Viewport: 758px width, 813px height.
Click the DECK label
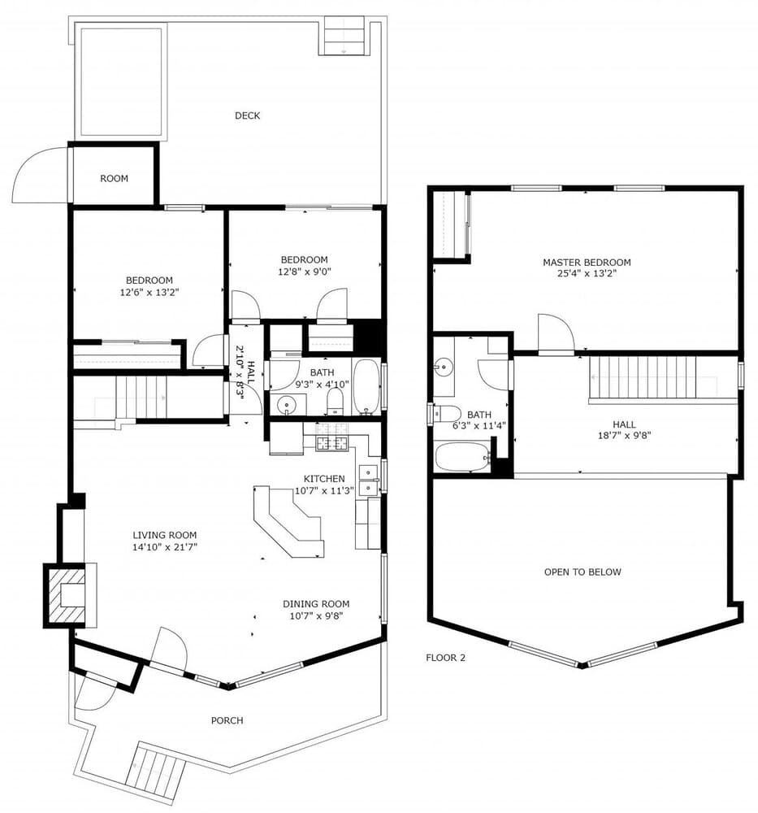[x=247, y=115]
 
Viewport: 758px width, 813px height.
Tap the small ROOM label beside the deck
[x=114, y=179]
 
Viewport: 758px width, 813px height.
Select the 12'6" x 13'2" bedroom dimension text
[x=149, y=292]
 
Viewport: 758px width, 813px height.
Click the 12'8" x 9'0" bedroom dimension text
[x=305, y=272]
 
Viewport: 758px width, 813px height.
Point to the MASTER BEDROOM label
[x=587, y=263]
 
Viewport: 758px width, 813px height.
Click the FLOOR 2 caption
[x=445, y=658]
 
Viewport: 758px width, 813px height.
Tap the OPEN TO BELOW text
[x=583, y=572]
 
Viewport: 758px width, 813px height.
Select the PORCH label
[x=227, y=720]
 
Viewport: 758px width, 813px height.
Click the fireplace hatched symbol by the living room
[x=66, y=596]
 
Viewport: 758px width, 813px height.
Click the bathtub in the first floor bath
[x=366, y=385]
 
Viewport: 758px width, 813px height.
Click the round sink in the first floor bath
[x=286, y=404]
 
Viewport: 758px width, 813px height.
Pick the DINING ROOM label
[x=316, y=604]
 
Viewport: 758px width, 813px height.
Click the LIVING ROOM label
[x=165, y=535]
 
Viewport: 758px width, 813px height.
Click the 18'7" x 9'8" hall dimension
[x=624, y=434]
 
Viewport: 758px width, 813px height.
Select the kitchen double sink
[x=368, y=480]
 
